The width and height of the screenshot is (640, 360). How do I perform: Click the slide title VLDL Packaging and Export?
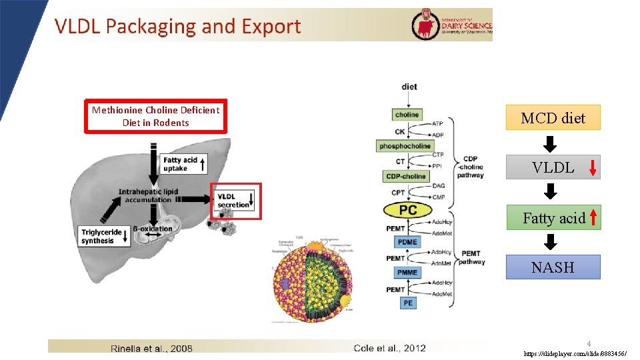[177, 27]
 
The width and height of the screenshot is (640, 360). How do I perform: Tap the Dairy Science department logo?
[453, 24]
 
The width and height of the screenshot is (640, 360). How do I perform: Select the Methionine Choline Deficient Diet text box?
[155, 116]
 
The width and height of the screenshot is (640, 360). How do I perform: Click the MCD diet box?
[553, 118]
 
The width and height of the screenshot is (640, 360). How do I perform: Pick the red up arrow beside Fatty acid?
[593, 217]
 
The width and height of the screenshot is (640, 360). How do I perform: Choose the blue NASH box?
[553, 267]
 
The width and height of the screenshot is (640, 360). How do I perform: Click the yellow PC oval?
[408, 210]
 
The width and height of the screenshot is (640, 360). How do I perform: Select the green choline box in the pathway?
[407, 115]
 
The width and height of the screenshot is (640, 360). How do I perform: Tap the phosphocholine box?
[405, 146]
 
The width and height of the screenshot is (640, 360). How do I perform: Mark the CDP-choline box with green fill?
[405, 177]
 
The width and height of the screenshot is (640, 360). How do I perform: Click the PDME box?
[407, 242]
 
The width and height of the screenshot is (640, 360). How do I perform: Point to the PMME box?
[407, 273]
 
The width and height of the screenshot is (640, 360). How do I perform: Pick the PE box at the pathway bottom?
[407, 303]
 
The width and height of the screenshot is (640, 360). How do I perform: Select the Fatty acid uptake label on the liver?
[182, 164]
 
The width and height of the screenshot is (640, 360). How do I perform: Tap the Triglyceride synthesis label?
[103, 237]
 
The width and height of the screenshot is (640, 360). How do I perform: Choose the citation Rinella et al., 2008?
[153, 347]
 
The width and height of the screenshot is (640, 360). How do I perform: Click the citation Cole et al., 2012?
[389, 347]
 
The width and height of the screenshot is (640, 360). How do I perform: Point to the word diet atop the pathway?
[409, 87]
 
